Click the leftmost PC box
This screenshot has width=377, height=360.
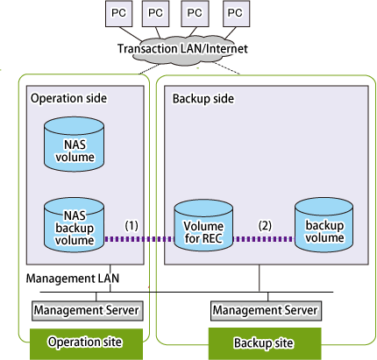point(118,14)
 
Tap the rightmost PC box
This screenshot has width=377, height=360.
point(236,14)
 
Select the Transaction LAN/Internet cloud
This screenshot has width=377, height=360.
point(182,51)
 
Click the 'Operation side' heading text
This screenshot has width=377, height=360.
point(68,98)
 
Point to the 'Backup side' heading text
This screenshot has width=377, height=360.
point(203,99)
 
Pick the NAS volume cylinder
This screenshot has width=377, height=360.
point(75,145)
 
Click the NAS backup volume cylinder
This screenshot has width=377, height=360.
point(75,225)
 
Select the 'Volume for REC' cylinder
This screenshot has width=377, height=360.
point(203,225)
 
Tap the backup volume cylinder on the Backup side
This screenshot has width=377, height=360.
point(324,225)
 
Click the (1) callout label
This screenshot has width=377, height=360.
point(132,225)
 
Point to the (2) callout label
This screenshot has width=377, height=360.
point(265,225)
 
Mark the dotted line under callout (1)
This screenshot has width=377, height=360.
point(139,239)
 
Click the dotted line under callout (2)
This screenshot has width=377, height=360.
point(264,239)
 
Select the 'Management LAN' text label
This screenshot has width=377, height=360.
point(73,279)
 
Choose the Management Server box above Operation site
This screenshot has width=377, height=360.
point(88,311)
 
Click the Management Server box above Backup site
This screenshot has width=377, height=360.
point(266,311)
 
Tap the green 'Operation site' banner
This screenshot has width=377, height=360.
point(86,344)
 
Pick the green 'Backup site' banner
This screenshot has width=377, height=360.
point(265,343)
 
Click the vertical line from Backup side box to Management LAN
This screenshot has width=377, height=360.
point(260,279)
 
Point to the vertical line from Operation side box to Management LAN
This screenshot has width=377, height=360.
point(110,279)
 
